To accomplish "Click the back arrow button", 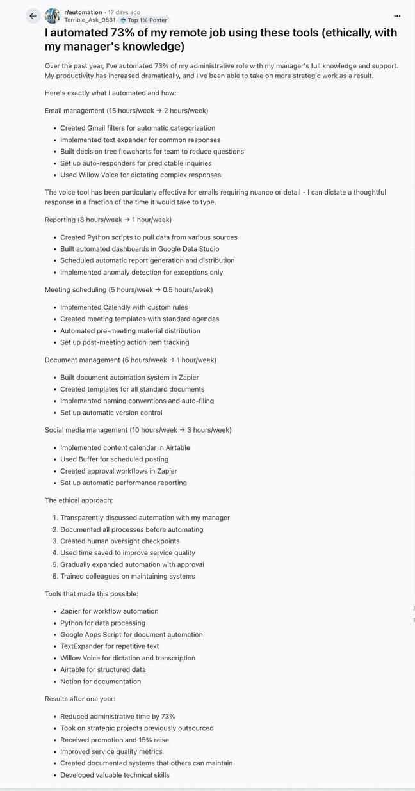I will (33, 16).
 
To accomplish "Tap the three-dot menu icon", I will (397, 16).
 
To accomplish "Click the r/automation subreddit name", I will (83, 12).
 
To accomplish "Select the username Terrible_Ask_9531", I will (90, 20).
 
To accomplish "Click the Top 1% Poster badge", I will (144, 20).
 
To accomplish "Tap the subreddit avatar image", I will (53, 16).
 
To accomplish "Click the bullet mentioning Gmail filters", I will (138, 128).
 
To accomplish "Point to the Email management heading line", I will (126, 111).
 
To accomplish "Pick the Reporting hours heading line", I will (108, 220).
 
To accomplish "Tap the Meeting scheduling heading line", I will (129, 289).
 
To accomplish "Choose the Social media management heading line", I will (138, 430).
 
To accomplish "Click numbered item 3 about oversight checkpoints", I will (120, 541).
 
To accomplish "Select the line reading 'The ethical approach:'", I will (79, 500).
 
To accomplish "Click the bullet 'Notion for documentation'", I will (101, 682).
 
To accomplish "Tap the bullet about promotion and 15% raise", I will (115, 740).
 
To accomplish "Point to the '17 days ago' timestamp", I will (124, 12).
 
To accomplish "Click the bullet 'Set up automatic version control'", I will (111, 413).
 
